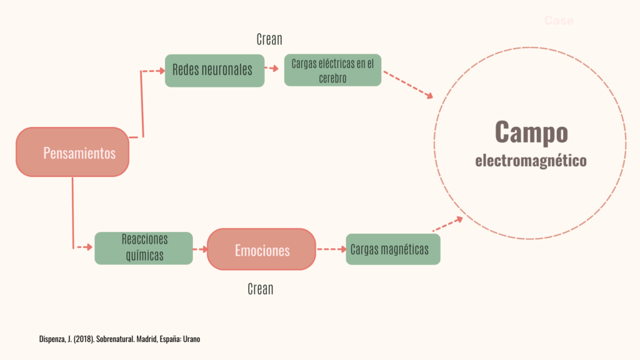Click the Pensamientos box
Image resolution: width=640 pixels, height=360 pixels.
coord(72,152)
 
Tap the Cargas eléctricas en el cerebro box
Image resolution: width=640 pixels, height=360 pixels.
coord(332,70)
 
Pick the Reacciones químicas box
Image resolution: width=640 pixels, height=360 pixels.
coord(143,248)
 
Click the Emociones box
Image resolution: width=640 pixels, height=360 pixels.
coord(262,249)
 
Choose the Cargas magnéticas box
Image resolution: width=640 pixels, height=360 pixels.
coord(392,249)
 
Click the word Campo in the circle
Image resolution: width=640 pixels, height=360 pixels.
coord(531,132)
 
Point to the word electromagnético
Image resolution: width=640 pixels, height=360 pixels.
coord(531,161)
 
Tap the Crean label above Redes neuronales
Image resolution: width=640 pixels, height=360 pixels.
coord(269,39)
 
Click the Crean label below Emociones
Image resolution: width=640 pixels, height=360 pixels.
coord(261,289)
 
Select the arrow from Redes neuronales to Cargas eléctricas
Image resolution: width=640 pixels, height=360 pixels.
coord(272,69)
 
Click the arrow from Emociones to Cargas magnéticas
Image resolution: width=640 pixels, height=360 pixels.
coord(331,249)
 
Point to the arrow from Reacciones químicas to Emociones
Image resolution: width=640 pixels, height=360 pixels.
coord(199,249)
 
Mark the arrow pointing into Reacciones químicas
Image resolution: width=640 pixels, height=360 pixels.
coord(84,247)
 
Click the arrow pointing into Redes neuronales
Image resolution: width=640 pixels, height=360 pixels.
coord(154,71)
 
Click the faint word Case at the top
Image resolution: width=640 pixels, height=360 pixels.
coord(559,21)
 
